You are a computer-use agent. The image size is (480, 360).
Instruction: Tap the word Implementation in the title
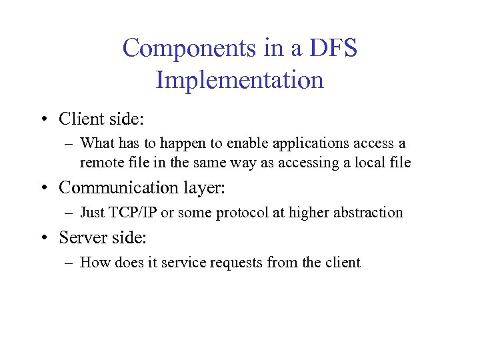(240, 81)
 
